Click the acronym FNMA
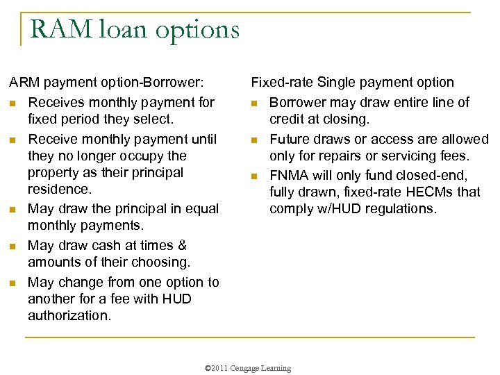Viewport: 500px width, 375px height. click(x=290, y=175)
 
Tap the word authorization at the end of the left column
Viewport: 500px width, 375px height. click(x=69, y=316)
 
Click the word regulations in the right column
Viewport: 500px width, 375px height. click(x=398, y=208)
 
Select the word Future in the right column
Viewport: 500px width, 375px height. click(x=291, y=139)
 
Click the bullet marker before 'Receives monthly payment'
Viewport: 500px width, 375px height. click(x=13, y=103)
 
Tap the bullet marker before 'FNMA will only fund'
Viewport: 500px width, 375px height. click(x=255, y=176)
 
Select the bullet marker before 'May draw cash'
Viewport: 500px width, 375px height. click(x=13, y=247)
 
